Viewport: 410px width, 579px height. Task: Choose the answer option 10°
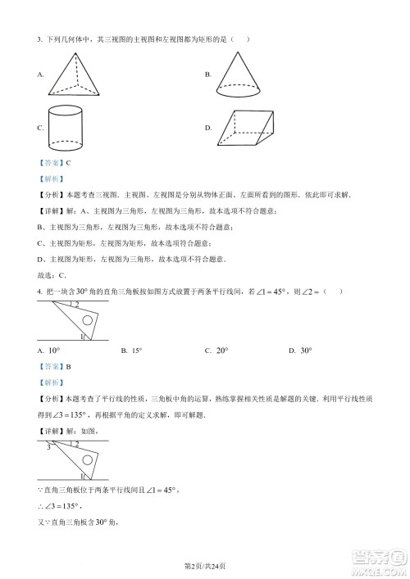[x=54, y=351]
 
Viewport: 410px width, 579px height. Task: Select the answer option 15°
[x=136, y=351]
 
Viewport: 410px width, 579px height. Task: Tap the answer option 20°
[x=220, y=351]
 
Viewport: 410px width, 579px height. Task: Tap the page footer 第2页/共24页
[x=204, y=567]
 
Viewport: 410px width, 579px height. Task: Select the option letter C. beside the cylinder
[x=40, y=129]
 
